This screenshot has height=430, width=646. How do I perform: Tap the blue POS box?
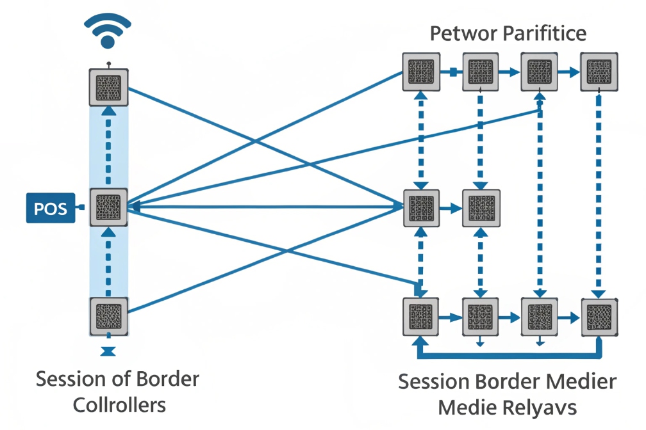click(51, 208)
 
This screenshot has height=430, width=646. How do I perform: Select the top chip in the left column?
click(108, 86)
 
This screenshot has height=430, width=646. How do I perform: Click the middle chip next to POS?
click(108, 207)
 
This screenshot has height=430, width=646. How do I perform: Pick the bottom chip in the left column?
click(108, 316)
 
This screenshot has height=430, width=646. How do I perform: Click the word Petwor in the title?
click(459, 33)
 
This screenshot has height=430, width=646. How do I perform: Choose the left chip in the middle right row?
click(422, 208)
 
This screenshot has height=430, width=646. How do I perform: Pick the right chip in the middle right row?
click(481, 208)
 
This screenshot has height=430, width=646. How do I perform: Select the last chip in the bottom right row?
click(600, 317)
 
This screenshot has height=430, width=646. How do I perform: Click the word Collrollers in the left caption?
click(119, 405)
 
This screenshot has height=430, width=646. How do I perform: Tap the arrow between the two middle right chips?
click(451, 208)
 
